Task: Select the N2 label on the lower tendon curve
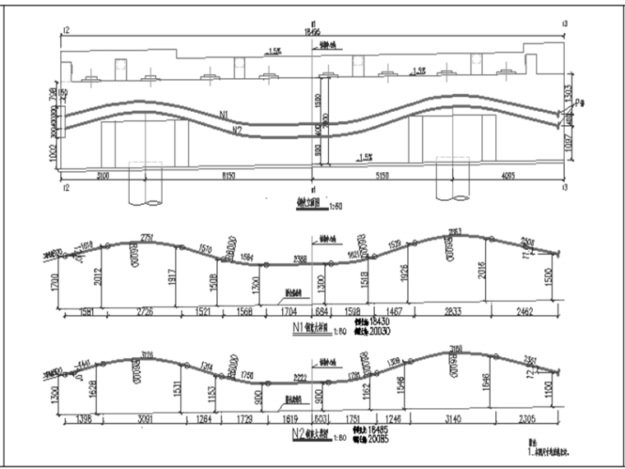click(x=238, y=131)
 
